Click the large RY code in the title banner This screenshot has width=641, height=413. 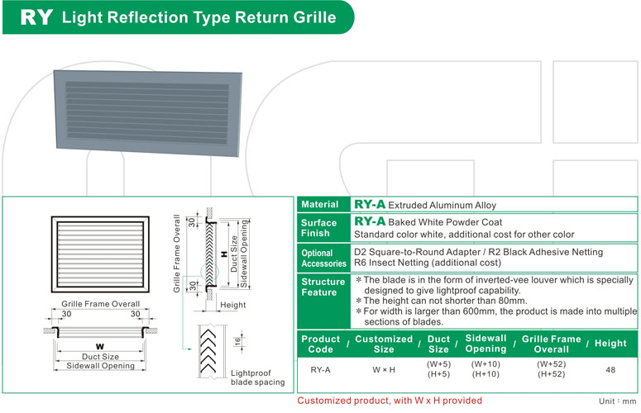point(36,17)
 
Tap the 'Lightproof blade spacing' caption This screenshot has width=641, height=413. point(256,377)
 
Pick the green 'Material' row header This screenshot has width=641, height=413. point(319,204)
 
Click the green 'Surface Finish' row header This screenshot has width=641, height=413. point(319,228)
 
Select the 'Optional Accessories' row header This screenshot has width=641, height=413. point(323,258)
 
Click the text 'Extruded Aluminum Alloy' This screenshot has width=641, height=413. point(442,205)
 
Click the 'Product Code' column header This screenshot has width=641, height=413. point(320,344)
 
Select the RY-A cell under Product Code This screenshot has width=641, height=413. point(320,369)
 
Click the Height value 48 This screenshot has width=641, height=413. point(610,369)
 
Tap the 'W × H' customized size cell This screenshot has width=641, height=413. point(383,369)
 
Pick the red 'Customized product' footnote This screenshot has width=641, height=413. point(389,401)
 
